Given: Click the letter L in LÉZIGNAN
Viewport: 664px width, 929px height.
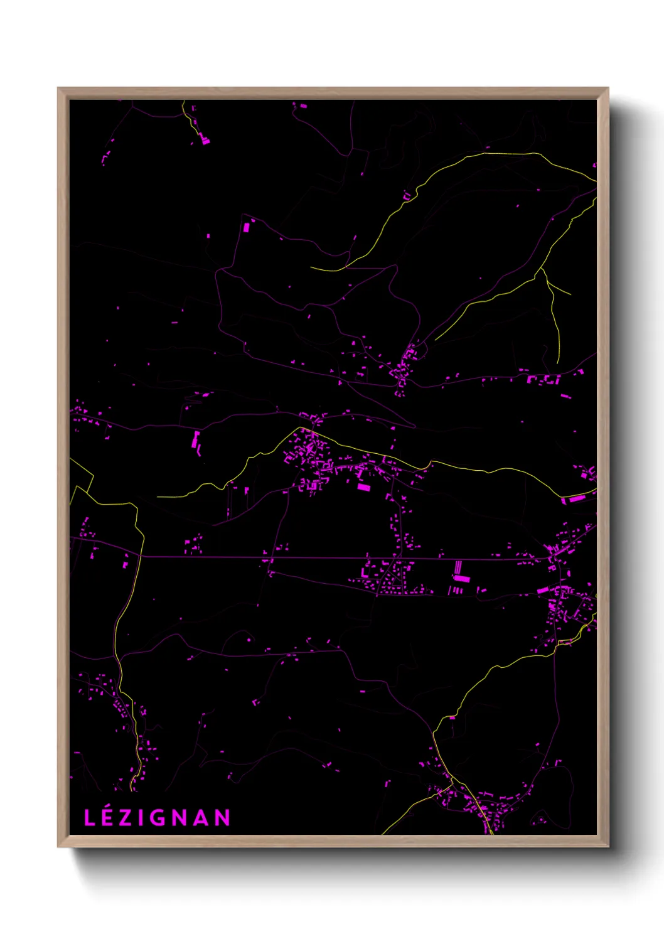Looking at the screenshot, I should point(89,818).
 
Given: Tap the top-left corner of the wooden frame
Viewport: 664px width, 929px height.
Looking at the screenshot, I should point(58,89).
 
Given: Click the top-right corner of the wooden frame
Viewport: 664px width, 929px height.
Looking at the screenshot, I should point(608,89).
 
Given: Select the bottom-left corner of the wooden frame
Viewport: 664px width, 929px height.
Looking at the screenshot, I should point(58,846).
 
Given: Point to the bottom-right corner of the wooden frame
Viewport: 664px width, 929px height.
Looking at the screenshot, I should point(608,846).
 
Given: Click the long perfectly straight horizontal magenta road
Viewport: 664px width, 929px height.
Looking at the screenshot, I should point(314,557).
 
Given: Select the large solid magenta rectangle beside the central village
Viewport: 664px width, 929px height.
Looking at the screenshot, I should point(363,486).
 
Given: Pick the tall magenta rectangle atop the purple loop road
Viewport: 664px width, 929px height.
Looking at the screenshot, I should point(246,227).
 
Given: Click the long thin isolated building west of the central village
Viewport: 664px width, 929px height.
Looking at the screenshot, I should point(195,439).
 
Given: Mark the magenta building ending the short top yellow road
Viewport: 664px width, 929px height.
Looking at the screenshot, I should point(205,141).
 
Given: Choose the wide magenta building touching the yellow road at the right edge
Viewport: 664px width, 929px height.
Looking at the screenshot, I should point(576,499).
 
